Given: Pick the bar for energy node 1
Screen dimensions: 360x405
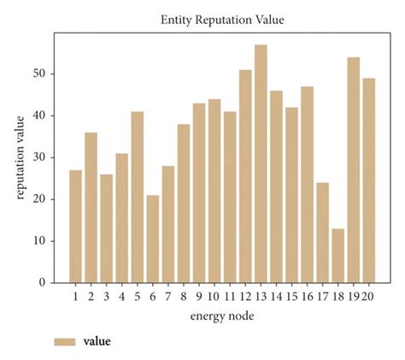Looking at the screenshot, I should point(76,226).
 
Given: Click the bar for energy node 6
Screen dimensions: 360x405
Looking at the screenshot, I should point(153,239).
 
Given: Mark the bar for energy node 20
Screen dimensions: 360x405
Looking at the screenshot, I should point(368,180).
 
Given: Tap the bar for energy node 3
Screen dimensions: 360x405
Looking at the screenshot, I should point(107,228).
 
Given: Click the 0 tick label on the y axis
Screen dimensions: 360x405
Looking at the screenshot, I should point(42,282).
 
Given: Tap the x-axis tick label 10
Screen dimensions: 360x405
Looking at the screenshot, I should point(214,296).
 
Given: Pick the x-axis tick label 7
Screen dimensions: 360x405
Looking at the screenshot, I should point(168,296).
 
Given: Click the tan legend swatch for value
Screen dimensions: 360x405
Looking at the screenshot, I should point(65,341).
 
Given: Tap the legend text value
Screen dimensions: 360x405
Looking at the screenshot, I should point(97,341).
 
